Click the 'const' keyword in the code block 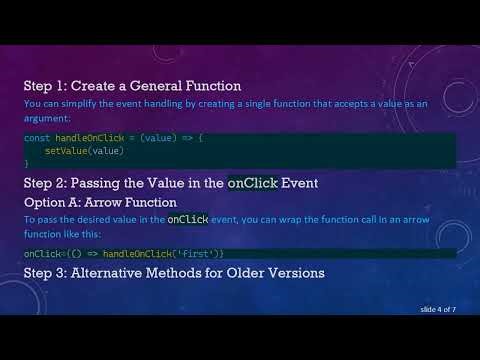(37, 137)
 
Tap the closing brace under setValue (27, 160)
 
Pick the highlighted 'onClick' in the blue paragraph (188, 218)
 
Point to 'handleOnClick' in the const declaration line (87, 137)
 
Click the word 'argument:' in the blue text (46, 116)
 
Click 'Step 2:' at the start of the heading (46, 183)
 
